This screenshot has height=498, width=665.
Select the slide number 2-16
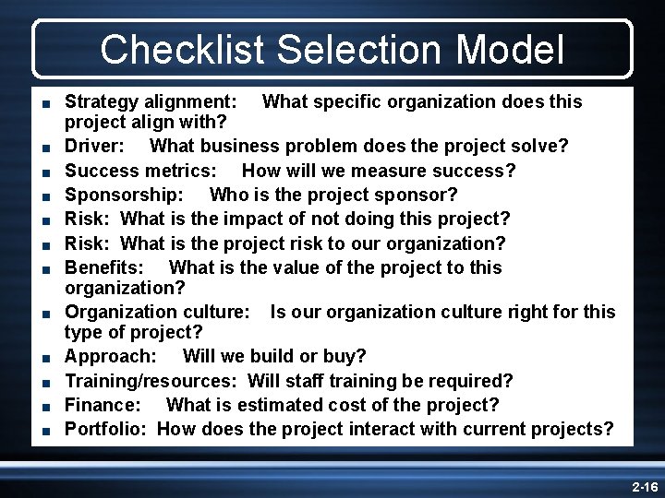[644, 486]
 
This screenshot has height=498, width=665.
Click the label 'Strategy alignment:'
[151, 100]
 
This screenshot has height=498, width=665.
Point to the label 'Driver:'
[96, 147]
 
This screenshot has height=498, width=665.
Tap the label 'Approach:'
[110, 356]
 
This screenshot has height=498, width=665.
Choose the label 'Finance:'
[103, 405]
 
